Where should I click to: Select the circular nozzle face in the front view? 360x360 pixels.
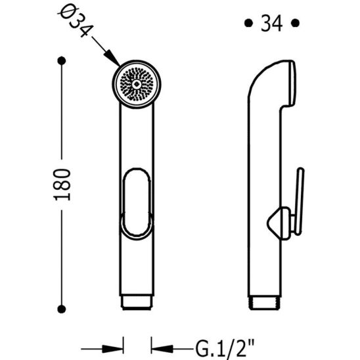coord(136,84)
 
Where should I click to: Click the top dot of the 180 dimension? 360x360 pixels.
coord(62,61)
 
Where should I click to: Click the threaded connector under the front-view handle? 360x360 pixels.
coord(137,304)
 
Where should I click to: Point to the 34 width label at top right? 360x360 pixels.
coord(271,24)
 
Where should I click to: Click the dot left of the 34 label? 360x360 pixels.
coord(248,24)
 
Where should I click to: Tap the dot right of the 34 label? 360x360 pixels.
coord(295,24)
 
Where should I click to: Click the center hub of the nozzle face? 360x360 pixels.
coord(136,84)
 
